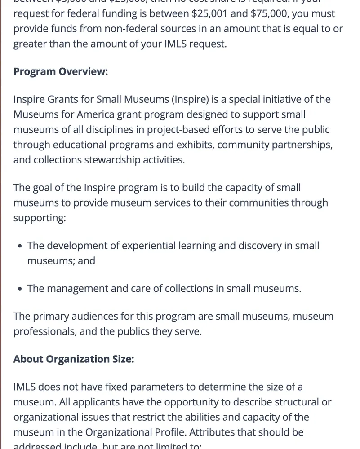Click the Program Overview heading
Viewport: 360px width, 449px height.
(x=61, y=72)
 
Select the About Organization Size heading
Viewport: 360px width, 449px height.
(x=74, y=359)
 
